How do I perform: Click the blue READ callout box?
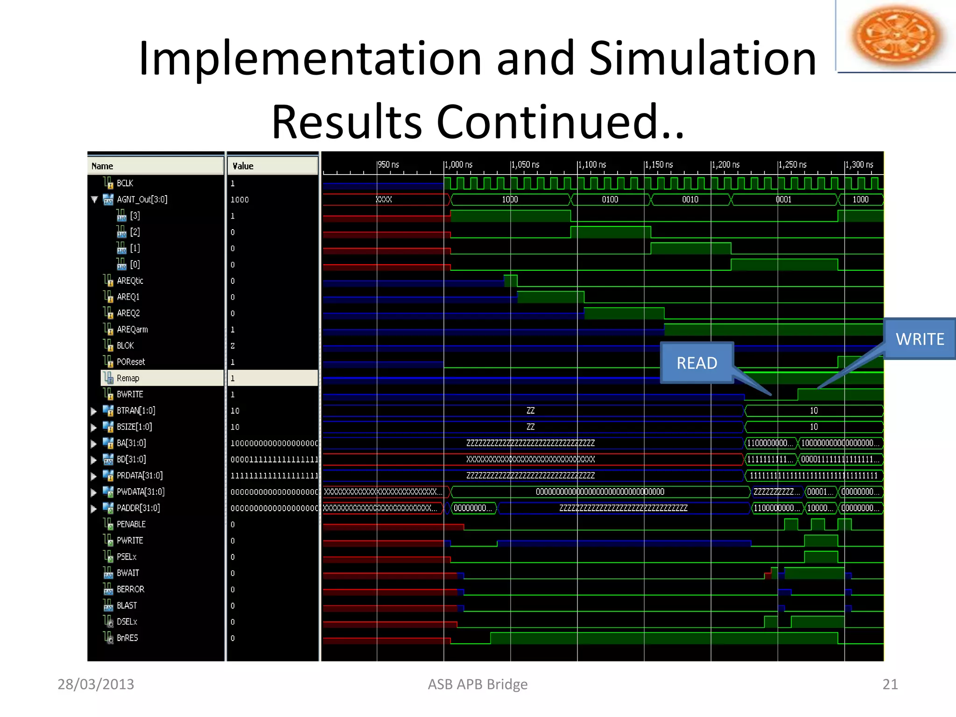coord(696,363)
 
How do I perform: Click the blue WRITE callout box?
coord(919,339)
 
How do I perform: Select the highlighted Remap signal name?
coord(128,378)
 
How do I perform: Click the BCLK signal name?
coord(125,183)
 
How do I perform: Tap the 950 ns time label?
coord(388,165)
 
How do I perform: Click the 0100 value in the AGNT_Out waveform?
coord(610,200)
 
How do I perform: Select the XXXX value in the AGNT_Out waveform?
coord(384,200)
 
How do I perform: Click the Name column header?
coord(102,166)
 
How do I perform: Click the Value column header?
coord(243,166)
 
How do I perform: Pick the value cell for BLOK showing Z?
coord(232,346)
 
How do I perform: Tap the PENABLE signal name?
coord(131,524)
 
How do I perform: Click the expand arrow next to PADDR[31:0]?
coord(94,508)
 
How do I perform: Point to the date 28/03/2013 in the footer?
coord(96,684)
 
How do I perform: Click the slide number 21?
coord(890,684)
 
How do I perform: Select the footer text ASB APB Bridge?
coord(478,684)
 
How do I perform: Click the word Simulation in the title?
coord(703,58)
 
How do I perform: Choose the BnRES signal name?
coord(127,638)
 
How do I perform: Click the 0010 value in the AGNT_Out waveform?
coord(690,200)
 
